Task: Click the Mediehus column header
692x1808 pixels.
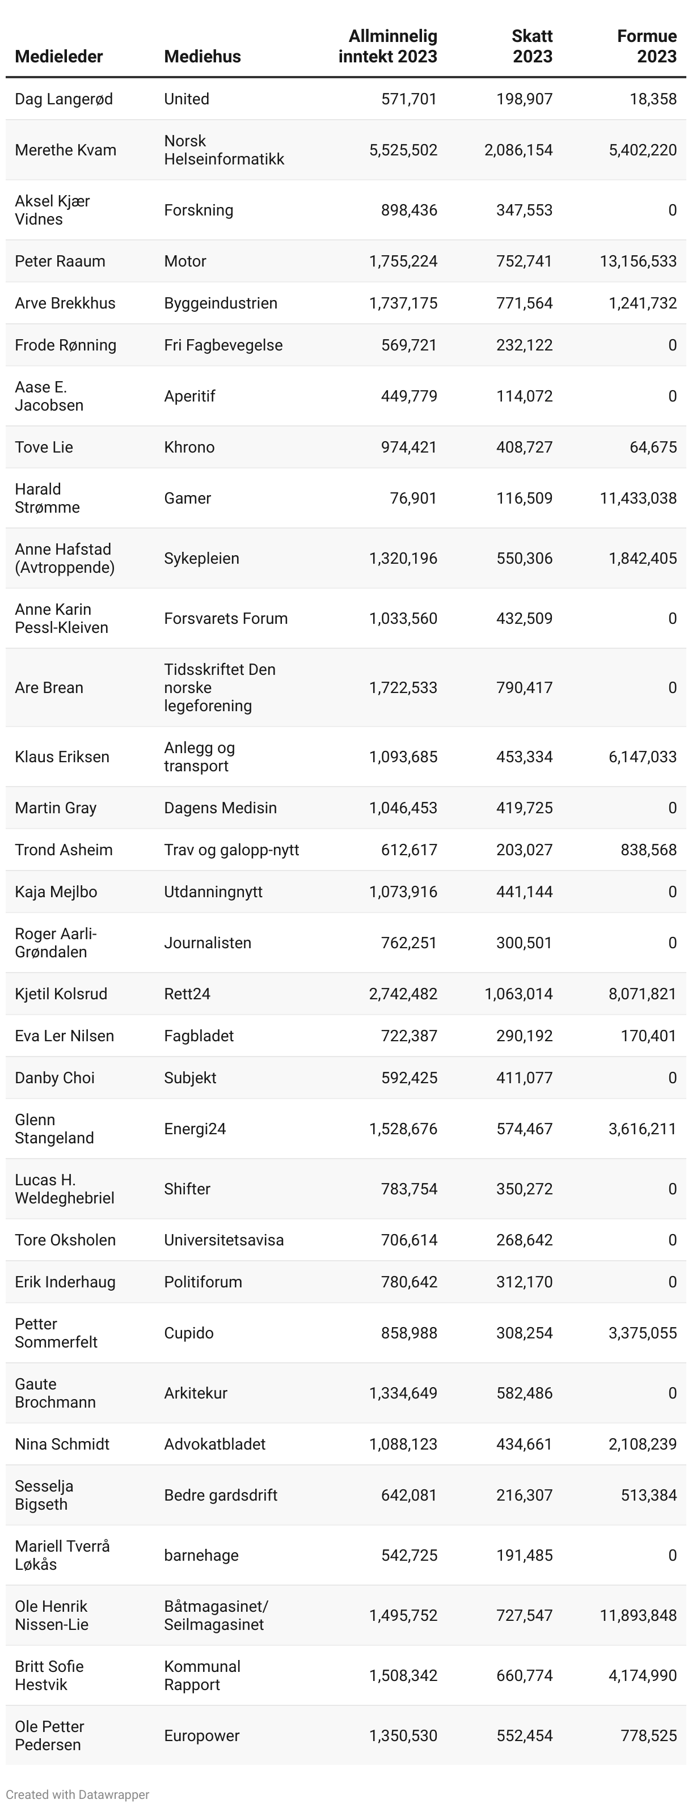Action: tap(202, 57)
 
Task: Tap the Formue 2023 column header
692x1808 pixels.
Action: tap(647, 47)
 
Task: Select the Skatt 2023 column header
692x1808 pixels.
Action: tap(532, 47)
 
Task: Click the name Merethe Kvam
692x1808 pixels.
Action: tap(65, 150)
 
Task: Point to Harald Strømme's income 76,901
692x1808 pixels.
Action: tap(413, 499)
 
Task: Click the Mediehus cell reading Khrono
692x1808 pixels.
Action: tap(189, 447)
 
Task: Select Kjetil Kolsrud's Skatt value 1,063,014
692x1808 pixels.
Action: tap(518, 994)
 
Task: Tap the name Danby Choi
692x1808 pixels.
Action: tap(55, 1078)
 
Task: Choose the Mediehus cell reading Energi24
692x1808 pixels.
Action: tap(195, 1129)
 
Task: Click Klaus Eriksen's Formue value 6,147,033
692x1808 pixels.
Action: tap(642, 757)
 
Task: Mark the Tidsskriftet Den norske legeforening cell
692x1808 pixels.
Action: tap(220, 688)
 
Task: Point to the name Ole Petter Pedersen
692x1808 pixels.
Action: tap(49, 1736)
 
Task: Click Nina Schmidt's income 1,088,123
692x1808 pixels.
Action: tap(403, 1444)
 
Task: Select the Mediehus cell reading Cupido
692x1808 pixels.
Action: tap(188, 1333)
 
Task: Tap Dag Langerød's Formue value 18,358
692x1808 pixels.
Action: tap(653, 99)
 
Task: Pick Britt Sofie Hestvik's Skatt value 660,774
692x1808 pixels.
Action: tap(524, 1675)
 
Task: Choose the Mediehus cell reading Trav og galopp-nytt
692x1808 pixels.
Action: tap(231, 850)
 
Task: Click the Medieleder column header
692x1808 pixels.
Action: tap(59, 57)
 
